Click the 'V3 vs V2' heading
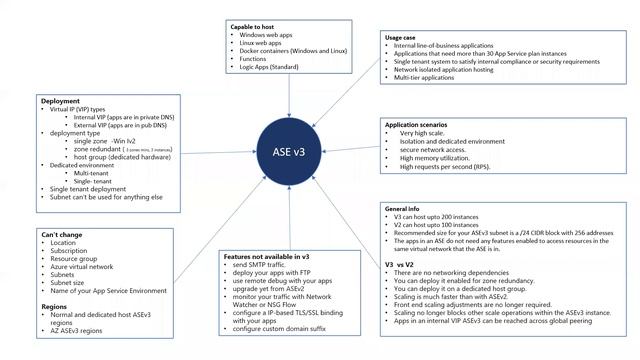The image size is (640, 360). coord(404,263)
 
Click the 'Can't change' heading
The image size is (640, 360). coord(62,235)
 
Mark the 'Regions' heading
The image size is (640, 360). coord(55,307)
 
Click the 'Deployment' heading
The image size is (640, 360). coord(60,102)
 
